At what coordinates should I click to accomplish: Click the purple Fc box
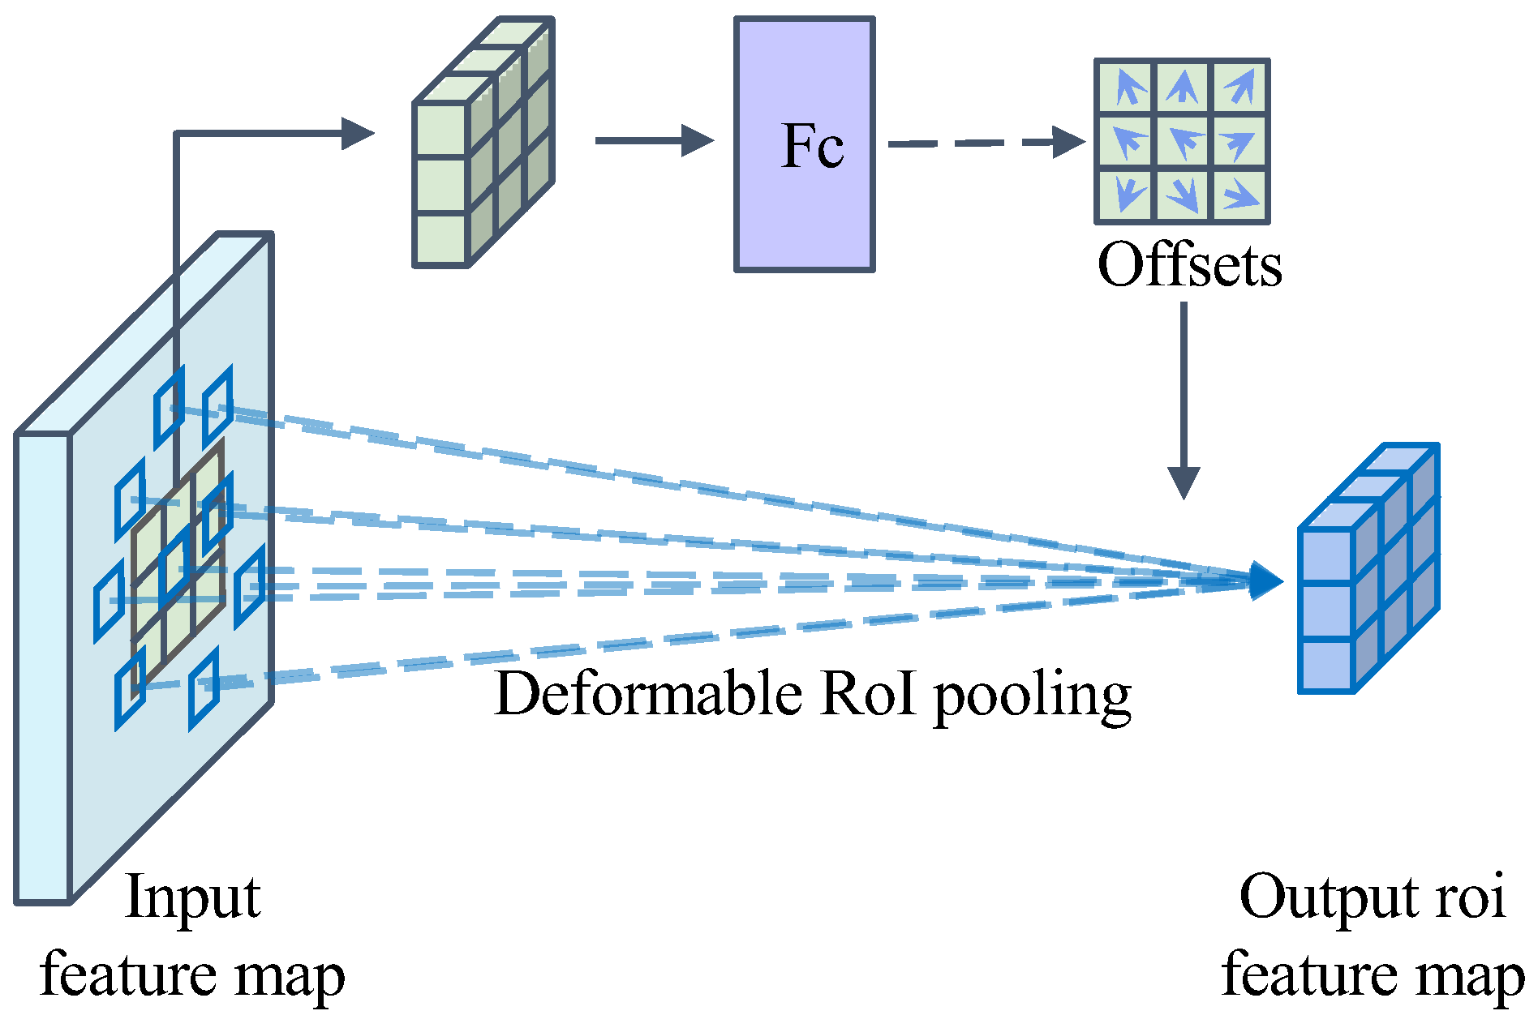point(804,144)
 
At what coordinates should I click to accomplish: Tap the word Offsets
point(1189,265)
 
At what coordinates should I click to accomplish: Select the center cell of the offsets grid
point(1183,141)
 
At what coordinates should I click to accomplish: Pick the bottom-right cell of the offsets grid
point(1240,195)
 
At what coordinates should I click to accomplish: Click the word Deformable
point(648,695)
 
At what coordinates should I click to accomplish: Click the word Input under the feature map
point(193,898)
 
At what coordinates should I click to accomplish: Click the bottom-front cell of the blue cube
point(1325,665)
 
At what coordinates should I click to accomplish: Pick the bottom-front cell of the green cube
point(440,238)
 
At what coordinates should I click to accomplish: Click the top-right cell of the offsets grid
point(1240,87)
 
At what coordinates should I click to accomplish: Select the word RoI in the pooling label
point(867,695)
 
